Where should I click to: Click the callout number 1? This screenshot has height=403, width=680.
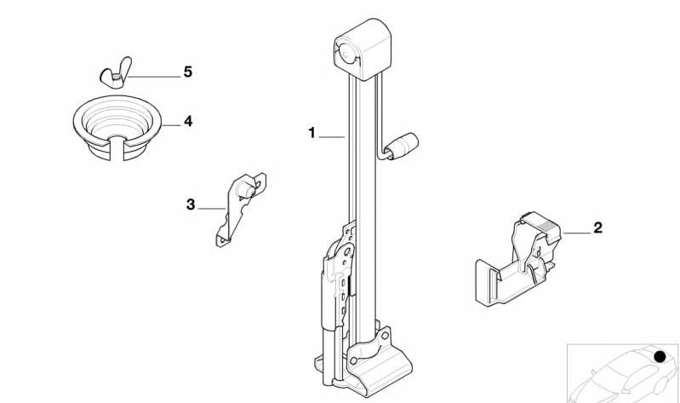coord(312,133)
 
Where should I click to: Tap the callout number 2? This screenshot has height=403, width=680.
coord(597,227)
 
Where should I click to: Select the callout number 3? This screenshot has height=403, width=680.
coord(191,204)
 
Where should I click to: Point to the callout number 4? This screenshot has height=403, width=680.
coord(187,122)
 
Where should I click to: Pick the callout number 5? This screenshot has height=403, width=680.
coord(187,72)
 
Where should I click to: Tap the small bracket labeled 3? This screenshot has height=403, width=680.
coord(240,209)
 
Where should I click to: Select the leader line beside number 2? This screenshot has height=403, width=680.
coord(576,231)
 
